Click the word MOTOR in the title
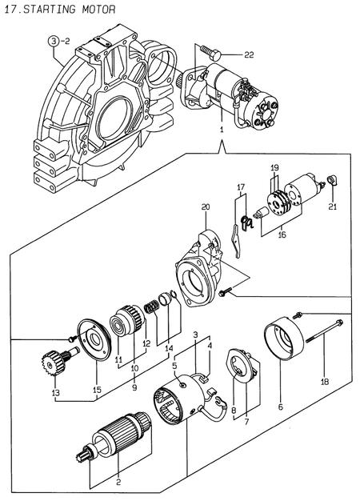(96, 10)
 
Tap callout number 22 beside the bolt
(249, 55)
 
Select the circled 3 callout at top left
(54, 39)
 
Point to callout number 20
(206, 207)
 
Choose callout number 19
(274, 166)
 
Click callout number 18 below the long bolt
(324, 383)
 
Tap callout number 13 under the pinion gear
(55, 392)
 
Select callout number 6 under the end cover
(281, 407)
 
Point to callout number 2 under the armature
(118, 482)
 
